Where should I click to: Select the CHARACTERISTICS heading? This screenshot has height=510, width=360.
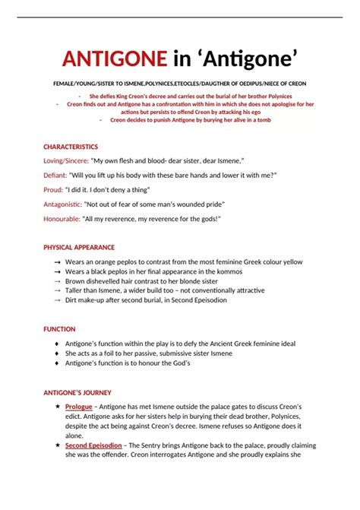click(71, 147)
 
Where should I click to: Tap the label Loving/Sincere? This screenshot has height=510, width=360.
click(65, 161)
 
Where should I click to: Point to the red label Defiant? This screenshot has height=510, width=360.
click(55, 176)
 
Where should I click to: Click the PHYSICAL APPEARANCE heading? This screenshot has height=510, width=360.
click(79, 247)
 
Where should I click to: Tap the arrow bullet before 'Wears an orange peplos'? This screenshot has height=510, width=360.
click(58, 261)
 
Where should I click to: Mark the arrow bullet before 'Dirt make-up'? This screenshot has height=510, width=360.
click(58, 300)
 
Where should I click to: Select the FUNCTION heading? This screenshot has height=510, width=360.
click(59, 329)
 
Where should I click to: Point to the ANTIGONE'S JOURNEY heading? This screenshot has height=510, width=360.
click(77, 392)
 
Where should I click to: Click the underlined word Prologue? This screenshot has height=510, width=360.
click(79, 407)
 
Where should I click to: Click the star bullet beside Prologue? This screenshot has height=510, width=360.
click(58, 407)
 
